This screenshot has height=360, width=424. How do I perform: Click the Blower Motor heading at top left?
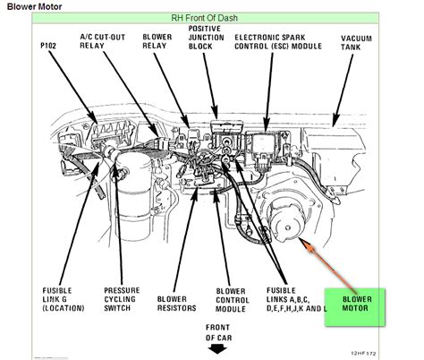click(34, 6)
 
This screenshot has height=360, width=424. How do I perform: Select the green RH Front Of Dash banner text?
click(204, 18)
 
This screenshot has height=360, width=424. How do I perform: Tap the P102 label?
click(48, 46)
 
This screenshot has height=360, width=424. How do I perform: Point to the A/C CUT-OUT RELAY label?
click(103, 41)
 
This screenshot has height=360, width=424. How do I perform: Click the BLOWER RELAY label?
click(157, 41)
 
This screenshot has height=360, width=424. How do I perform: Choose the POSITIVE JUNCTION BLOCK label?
click(206, 38)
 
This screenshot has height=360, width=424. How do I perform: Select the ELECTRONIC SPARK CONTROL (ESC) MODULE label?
click(278, 42)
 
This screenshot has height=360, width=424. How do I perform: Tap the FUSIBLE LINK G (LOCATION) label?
click(64, 299)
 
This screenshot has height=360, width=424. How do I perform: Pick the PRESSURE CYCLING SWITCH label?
click(122, 299)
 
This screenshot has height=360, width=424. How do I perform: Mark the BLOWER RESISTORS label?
click(176, 304)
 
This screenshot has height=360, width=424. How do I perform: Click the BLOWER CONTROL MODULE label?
click(232, 300)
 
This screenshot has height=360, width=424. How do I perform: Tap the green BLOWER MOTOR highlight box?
click(355, 307)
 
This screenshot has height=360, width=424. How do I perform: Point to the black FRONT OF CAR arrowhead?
click(217, 349)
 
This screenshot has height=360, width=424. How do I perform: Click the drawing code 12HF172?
click(363, 354)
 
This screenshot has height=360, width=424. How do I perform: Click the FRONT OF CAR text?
click(218, 332)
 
